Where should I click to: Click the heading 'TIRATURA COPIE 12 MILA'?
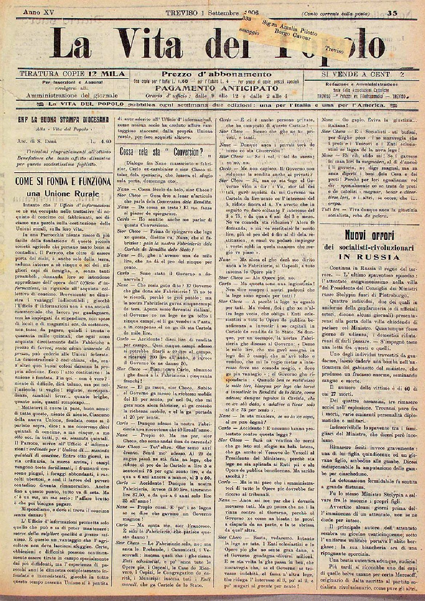point(73,74)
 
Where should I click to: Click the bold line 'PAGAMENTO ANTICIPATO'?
point(217,88)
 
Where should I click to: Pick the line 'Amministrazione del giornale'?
point(72,96)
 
